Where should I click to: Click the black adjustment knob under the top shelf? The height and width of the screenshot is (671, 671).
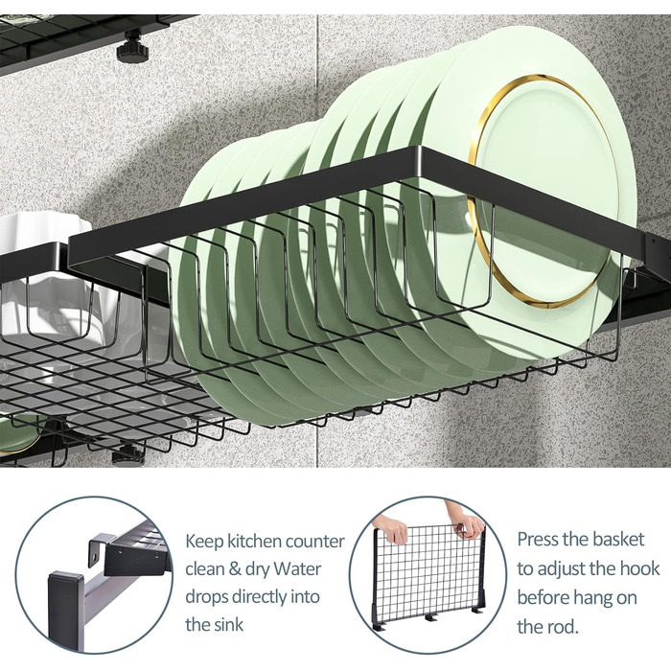132,48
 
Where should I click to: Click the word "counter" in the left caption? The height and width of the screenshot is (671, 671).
314,542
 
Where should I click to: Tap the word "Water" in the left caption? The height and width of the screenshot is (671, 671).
297,569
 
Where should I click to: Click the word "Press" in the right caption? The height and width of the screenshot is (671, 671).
538,540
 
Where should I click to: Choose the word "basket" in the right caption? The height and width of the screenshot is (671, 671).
618,540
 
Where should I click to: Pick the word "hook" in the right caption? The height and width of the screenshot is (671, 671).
640,569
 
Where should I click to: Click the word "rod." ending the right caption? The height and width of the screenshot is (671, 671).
564,628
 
